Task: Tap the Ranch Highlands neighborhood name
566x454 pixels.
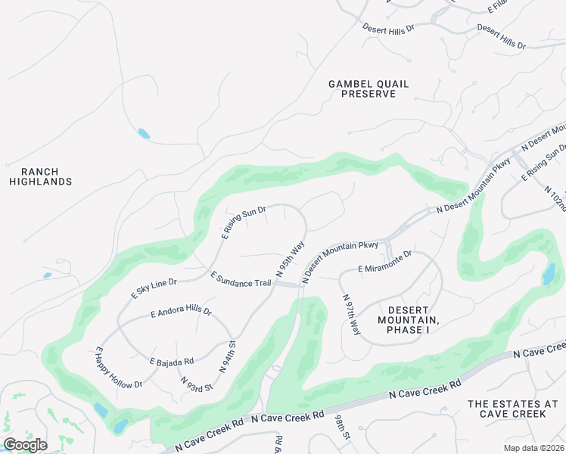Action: tap(41, 176)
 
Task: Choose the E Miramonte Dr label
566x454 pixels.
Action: tap(385, 262)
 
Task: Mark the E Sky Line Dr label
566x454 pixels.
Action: tap(154, 288)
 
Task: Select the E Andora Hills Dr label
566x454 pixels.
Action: tap(181, 312)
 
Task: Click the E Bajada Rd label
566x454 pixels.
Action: tap(171, 361)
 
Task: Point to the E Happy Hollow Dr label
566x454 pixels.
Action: tap(118, 368)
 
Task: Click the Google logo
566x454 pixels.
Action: tap(25, 445)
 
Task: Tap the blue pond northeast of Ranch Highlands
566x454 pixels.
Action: tap(143, 134)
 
